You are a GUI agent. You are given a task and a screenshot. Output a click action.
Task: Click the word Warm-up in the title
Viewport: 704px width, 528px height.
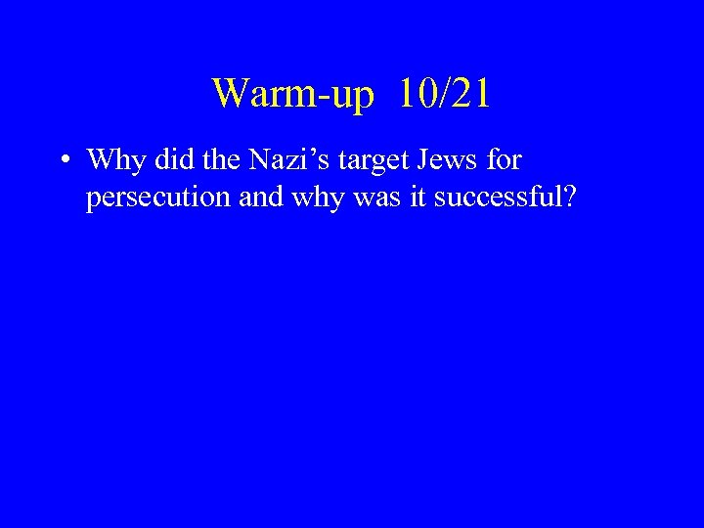click(292, 95)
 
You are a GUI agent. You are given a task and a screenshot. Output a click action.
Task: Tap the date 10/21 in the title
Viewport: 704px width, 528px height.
click(445, 94)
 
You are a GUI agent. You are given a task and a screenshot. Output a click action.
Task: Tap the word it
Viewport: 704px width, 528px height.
click(416, 198)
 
